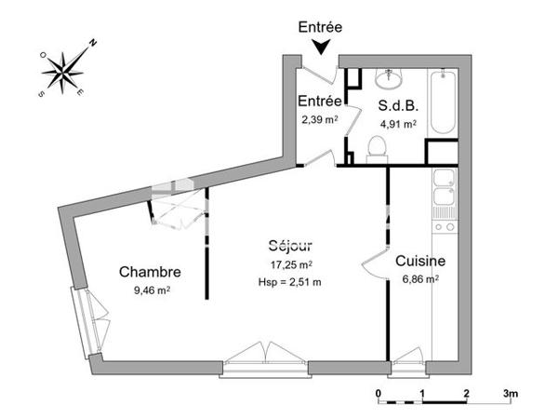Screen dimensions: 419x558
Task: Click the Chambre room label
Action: pyautogui.click(x=149, y=272)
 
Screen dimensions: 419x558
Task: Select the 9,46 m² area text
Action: pyautogui.click(x=152, y=290)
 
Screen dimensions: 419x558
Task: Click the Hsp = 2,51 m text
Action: pyautogui.click(x=289, y=279)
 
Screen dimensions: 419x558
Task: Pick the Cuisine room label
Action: pyautogui.click(x=420, y=262)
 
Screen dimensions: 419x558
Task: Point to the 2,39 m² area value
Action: pyautogui.click(x=318, y=119)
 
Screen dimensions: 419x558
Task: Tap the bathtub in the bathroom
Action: pyautogui.click(x=440, y=102)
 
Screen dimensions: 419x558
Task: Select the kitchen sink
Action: pyautogui.click(x=444, y=186)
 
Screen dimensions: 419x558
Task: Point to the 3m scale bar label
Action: pyautogui.click(x=510, y=394)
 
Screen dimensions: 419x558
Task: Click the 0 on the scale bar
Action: pyautogui.click(x=379, y=394)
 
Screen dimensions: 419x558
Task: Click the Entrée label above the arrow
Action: pyautogui.click(x=319, y=27)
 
